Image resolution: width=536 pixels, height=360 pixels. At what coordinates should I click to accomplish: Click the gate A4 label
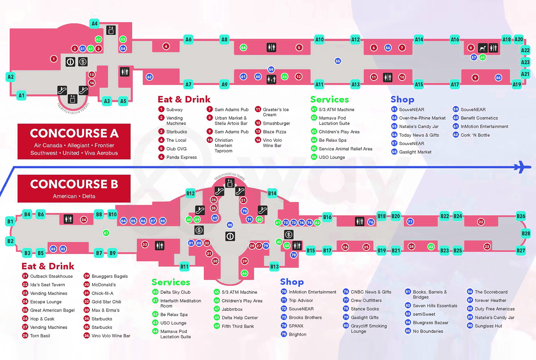(x=95, y=23)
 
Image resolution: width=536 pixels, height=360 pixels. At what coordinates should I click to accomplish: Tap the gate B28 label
(x=526, y=233)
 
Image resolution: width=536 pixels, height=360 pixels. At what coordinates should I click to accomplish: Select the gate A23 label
(x=525, y=62)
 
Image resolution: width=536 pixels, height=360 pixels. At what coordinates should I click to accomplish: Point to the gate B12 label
(x=190, y=193)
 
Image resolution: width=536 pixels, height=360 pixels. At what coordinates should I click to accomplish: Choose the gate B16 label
(x=327, y=217)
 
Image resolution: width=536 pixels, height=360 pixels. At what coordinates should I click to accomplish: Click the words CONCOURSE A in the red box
(x=74, y=133)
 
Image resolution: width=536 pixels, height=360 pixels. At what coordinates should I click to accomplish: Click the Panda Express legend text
(x=181, y=157)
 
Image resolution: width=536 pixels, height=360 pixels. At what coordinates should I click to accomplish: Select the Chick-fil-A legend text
(x=102, y=293)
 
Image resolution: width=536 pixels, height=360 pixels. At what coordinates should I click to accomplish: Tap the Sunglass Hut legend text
(x=488, y=326)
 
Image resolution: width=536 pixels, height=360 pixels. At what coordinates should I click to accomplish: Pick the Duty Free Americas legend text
(x=495, y=309)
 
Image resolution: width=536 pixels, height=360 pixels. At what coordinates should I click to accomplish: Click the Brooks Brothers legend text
(x=305, y=318)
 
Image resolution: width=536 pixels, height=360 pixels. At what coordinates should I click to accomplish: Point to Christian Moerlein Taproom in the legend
(x=224, y=145)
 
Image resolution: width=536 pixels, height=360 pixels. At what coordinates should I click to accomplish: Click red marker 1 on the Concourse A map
(x=54, y=59)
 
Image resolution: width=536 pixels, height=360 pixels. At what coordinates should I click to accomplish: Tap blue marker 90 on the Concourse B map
(x=230, y=225)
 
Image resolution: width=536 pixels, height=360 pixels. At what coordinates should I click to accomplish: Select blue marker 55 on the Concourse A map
(x=338, y=61)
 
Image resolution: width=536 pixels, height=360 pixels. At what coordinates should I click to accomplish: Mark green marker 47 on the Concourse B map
(x=106, y=233)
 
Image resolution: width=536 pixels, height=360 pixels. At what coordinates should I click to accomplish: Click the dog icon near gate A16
(x=482, y=48)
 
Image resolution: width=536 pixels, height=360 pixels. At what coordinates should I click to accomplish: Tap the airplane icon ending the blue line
(x=522, y=167)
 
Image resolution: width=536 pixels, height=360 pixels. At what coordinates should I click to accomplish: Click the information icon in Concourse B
(x=230, y=236)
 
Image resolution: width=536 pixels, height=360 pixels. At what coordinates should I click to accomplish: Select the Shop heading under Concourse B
(x=292, y=282)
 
